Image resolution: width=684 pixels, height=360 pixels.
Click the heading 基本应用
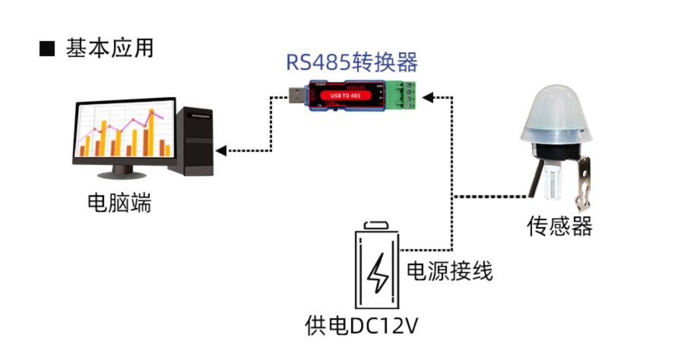[x=109, y=48]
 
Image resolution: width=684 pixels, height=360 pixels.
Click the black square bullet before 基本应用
[x=47, y=49]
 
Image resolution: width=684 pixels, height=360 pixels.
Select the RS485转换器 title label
[x=352, y=62]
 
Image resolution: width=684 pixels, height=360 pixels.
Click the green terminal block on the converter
[x=403, y=95]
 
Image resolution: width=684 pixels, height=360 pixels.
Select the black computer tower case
[x=193, y=141]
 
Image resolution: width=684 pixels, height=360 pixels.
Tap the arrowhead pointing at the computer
[x=221, y=150]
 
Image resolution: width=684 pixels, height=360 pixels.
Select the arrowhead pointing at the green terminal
[x=427, y=96]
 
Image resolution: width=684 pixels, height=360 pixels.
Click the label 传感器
[x=559, y=226]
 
